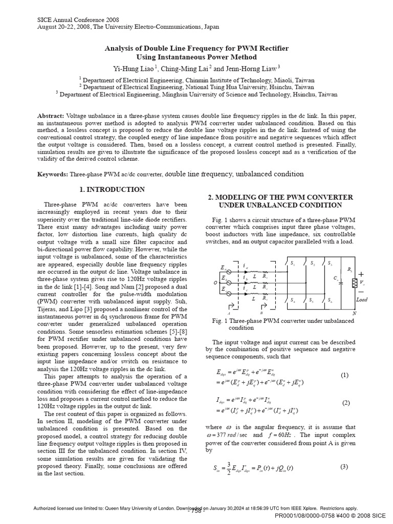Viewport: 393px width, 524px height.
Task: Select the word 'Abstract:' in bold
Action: point(51,117)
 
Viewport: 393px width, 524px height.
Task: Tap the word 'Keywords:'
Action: point(53,174)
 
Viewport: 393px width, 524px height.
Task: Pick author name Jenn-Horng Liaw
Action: point(251,69)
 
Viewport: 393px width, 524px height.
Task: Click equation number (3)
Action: point(344,466)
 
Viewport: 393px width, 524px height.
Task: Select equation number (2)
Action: point(346,403)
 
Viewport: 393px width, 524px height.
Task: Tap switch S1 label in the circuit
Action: point(293,264)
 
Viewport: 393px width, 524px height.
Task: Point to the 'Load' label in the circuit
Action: point(362,299)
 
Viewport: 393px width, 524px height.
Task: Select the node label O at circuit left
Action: point(215,282)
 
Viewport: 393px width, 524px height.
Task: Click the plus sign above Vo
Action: point(361,274)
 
